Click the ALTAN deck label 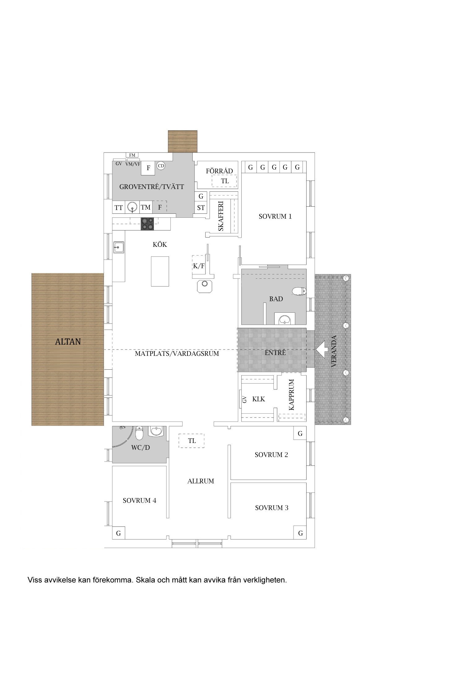pos(68,342)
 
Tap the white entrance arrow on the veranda pos(322,350)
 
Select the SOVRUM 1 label pos(275,217)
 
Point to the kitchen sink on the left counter pos(118,247)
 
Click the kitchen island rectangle pos(160,271)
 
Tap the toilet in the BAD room pos(299,291)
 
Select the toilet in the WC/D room pos(139,433)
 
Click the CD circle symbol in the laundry pos(161,166)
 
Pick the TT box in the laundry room pos(118,208)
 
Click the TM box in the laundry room pos(146,207)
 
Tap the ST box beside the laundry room pos(201,208)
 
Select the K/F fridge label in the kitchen pos(199,266)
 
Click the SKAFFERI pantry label pos(221,216)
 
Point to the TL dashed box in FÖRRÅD pos(225,181)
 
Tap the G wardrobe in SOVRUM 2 pos(300,433)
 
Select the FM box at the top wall pos(132,155)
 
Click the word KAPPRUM pos(291,395)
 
